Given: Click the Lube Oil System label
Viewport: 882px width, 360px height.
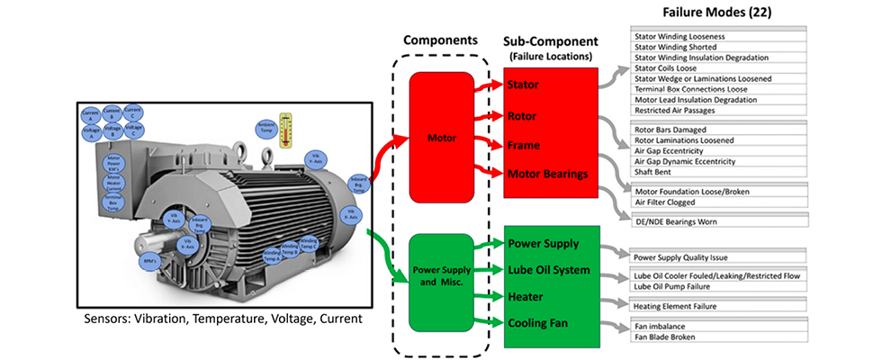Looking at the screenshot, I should coord(549,270).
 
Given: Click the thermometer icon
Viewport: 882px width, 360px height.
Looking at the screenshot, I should coord(286,128).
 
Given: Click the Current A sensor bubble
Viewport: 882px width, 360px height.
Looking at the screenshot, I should coord(91,114).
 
